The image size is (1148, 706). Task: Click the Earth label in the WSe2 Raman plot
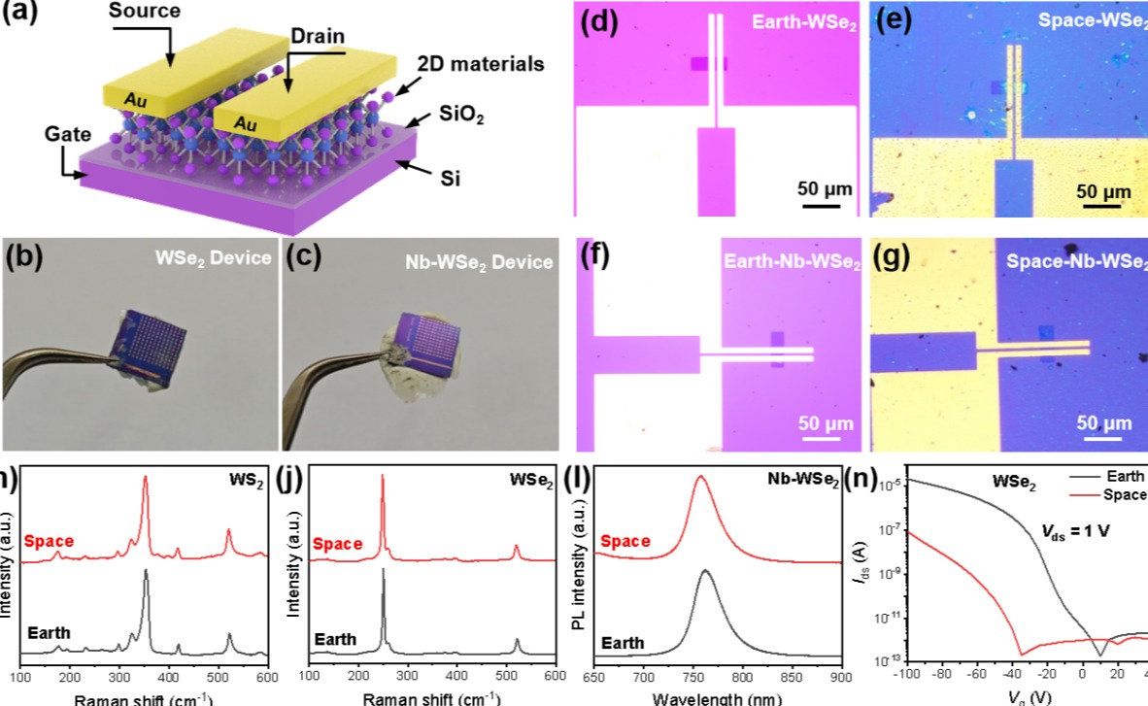(x=335, y=640)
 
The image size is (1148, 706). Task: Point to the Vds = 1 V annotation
(x=1069, y=533)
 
